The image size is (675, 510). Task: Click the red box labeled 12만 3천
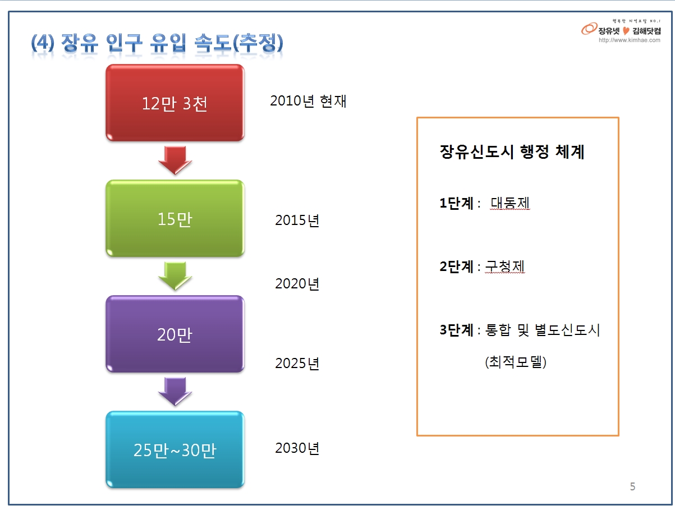click(x=175, y=103)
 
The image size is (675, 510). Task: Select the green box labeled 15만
click(x=175, y=218)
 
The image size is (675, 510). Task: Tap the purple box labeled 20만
click(x=175, y=334)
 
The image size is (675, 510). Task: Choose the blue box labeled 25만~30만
click(x=175, y=449)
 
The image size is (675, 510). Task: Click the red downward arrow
click(x=175, y=160)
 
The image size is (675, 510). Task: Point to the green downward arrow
click(x=175, y=276)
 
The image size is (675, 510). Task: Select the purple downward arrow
click(x=175, y=392)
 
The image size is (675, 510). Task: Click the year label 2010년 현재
click(x=308, y=101)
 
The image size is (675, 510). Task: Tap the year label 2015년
click(x=297, y=220)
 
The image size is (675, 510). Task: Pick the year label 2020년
click(x=297, y=284)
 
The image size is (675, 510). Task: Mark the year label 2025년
click(x=297, y=364)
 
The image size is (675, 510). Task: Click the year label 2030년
click(x=297, y=448)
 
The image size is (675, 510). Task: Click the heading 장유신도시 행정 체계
click(x=512, y=152)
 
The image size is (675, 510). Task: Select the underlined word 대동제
click(x=510, y=203)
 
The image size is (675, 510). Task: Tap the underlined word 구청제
click(x=505, y=267)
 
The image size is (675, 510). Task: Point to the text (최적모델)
click(x=516, y=362)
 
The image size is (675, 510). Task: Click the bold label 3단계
click(x=456, y=330)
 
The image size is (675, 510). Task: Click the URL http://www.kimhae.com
click(x=629, y=40)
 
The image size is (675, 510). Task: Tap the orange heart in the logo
click(x=626, y=31)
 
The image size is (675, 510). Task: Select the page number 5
click(x=632, y=486)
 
